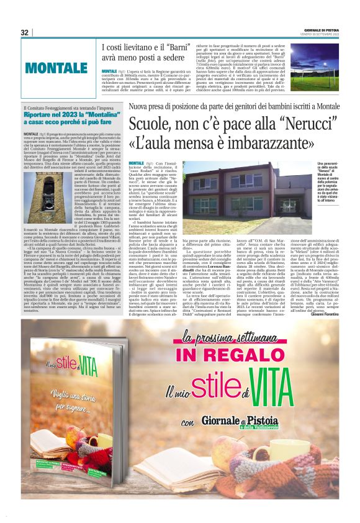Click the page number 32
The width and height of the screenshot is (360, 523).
[x=25, y=32]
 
